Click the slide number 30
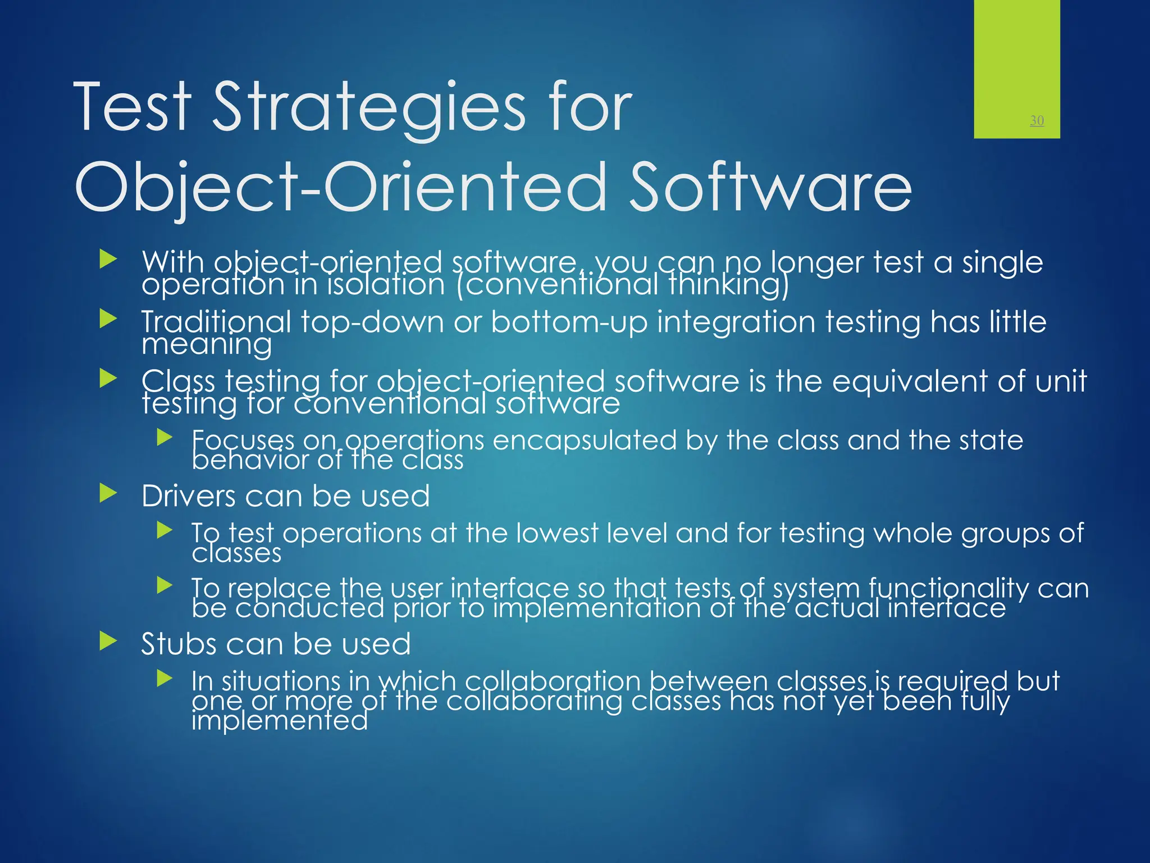[1037, 120]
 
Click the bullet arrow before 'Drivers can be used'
[108, 494]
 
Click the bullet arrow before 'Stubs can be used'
[108, 641]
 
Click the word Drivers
[188, 496]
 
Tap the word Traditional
[216, 323]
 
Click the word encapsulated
[584, 440]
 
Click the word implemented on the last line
[279, 721]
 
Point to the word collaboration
[553, 681]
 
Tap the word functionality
[948, 589]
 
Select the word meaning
[207, 344]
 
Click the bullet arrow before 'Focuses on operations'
[165, 437]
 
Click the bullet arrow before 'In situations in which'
[165, 679]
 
